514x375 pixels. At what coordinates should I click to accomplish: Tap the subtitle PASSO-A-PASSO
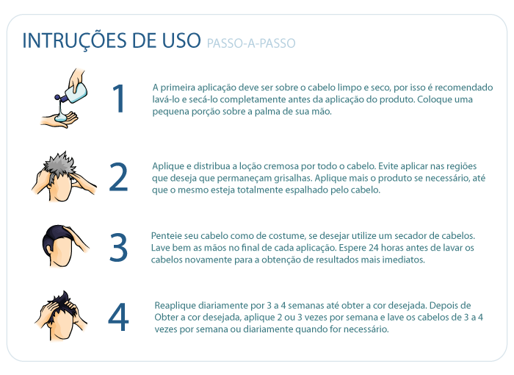pos(251,43)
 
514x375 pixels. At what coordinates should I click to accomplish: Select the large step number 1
pos(119,99)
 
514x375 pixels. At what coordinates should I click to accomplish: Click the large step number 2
pos(118,177)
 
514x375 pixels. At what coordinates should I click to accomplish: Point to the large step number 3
pos(118,247)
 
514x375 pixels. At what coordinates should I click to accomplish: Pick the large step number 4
pos(118,317)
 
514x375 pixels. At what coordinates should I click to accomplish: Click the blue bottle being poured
pos(73,92)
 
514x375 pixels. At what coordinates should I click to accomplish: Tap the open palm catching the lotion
pos(59,120)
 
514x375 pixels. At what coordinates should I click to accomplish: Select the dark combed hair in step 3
pos(56,240)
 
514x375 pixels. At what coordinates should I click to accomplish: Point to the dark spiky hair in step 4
pos(62,301)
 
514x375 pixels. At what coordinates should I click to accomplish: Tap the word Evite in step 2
pos(388,166)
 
